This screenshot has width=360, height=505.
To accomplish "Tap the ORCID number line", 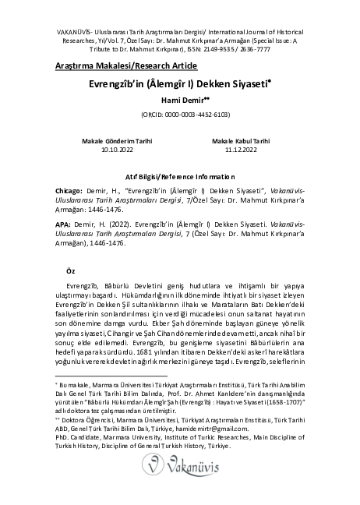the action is coord(185,114).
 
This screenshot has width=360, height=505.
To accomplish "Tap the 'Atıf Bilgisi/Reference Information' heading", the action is coord(180,178).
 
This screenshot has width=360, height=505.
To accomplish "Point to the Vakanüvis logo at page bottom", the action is coord(180,471).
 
